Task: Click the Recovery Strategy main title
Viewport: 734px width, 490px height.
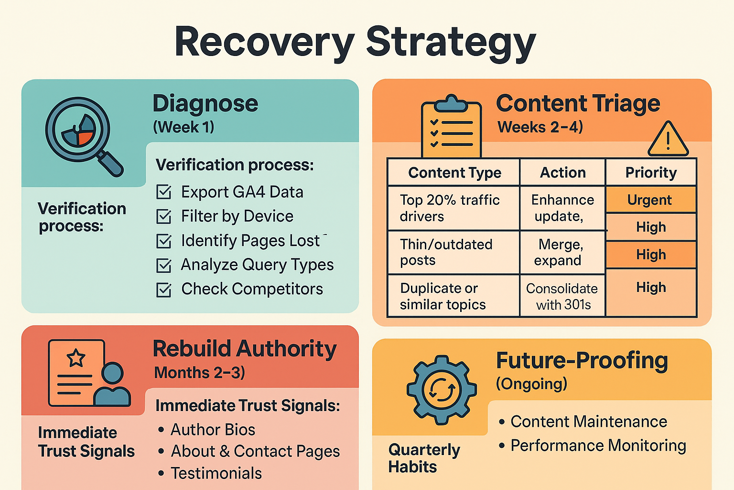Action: (x=355, y=42)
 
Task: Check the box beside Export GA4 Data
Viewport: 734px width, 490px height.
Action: (x=164, y=192)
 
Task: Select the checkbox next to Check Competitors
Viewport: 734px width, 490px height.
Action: (x=164, y=290)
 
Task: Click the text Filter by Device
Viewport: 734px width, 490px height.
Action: (x=237, y=216)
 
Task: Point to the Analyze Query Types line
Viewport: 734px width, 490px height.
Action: (x=257, y=265)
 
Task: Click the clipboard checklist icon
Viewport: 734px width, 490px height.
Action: (x=451, y=127)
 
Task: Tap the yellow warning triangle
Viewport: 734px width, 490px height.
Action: (x=668, y=140)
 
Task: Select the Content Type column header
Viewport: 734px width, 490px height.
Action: (x=454, y=173)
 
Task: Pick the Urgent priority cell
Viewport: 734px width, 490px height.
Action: (x=650, y=200)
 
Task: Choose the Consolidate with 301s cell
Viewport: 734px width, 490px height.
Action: (x=562, y=296)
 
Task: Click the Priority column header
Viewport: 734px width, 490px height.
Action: (x=651, y=173)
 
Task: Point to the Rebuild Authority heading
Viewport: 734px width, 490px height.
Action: (x=245, y=349)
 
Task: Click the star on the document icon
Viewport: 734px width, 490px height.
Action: (x=76, y=357)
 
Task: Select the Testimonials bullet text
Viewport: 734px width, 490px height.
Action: (x=216, y=473)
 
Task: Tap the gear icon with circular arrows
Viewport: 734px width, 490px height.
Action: (x=442, y=390)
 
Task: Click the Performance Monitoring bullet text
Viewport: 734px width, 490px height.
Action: (x=598, y=445)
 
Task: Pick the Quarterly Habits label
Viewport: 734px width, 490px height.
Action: (x=424, y=458)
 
